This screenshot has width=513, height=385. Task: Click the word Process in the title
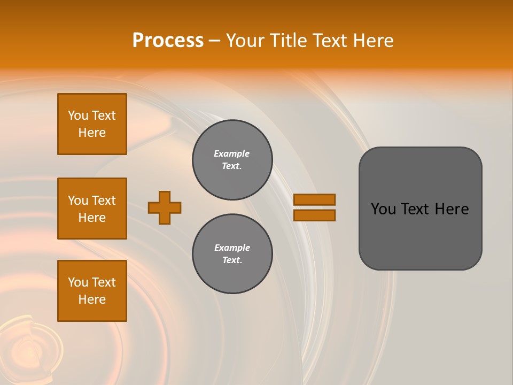168,41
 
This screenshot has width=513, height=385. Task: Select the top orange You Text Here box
92,124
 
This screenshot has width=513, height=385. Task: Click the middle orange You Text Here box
92,209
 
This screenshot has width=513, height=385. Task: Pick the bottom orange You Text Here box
92,291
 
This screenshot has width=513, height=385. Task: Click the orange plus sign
165,207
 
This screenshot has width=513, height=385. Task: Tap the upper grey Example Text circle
232,160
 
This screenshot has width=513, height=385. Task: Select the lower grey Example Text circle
232,254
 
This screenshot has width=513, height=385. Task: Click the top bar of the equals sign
314,199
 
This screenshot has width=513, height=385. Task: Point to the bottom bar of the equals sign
314,215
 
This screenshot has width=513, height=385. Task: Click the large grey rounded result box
420,209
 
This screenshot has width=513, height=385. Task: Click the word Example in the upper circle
232,153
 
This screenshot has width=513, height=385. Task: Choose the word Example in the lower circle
232,248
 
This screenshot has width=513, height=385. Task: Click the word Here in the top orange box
92,133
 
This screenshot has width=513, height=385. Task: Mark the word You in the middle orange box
77,201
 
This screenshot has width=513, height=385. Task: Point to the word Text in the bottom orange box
104,282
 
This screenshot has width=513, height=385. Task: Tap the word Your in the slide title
245,41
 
